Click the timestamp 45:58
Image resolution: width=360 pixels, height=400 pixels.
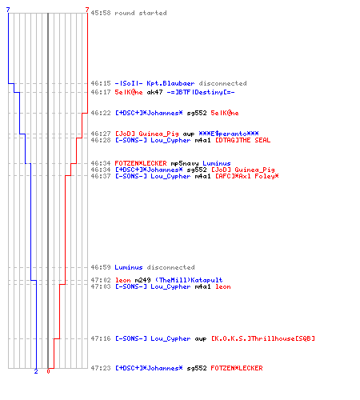(101, 13)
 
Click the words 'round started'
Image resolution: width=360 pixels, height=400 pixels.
(141, 13)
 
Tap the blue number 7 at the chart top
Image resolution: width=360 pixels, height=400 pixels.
(8, 10)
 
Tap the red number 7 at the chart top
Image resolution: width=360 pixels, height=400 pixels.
(87, 10)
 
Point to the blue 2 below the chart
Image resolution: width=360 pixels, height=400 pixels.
(36, 371)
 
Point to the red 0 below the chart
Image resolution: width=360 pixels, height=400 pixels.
(48, 371)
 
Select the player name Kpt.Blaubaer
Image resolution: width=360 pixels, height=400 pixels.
(170, 83)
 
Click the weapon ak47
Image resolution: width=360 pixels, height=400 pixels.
(154, 92)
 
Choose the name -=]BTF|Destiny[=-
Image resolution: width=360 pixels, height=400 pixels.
(201, 92)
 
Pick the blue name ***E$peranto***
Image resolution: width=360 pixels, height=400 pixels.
(229, 134)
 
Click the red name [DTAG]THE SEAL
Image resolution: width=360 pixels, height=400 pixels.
(242, 140)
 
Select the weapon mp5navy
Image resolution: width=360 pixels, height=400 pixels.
(185, 163)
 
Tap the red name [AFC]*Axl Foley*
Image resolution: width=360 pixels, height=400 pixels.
(246, 176)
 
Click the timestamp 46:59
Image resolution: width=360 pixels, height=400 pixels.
(101, 267)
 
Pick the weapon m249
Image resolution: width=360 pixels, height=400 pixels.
(142, 280)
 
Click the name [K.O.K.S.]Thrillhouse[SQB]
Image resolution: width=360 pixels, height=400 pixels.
(263, 338)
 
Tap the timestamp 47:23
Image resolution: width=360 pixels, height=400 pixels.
(101, 368)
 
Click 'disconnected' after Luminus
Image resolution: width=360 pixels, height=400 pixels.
(170, 267)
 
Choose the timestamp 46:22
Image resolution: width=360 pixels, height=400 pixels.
(101, 113)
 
